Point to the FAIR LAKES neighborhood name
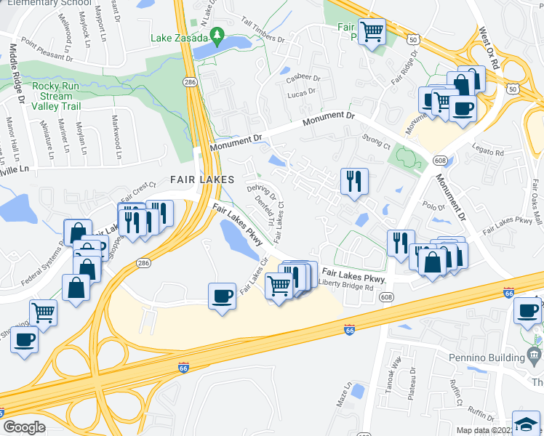coord(202,179)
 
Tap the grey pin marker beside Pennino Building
coord(536,357)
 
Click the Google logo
coord(24,427)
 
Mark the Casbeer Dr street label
coord(303,78)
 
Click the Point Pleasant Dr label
coord(47,50)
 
